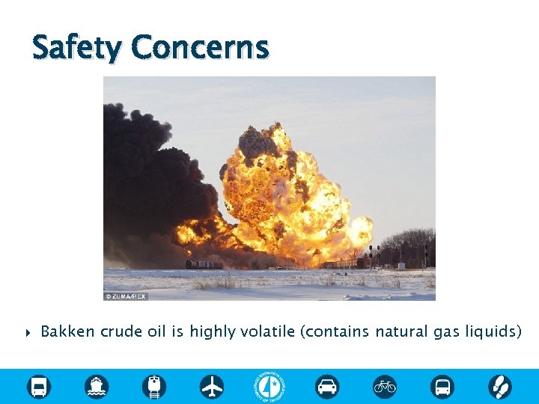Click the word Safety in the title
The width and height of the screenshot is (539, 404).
coord(76,48)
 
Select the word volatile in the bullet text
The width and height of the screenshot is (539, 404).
coord(267,331)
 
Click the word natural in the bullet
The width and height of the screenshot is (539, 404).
coord(401,331)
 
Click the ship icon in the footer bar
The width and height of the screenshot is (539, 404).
coord(97,386)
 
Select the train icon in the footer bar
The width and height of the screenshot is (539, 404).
coord(154,386)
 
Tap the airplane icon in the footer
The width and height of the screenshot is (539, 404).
coord(212,386)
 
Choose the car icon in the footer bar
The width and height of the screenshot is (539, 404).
coord(327,386)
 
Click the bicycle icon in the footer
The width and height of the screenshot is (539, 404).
coord(385,386)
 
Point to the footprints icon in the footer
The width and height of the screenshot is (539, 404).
coord(499,386)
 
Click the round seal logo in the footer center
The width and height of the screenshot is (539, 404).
coord(269,386)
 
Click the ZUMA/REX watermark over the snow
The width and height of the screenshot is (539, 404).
coord(126,296)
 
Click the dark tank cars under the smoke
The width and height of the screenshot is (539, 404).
coord(204,264)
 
